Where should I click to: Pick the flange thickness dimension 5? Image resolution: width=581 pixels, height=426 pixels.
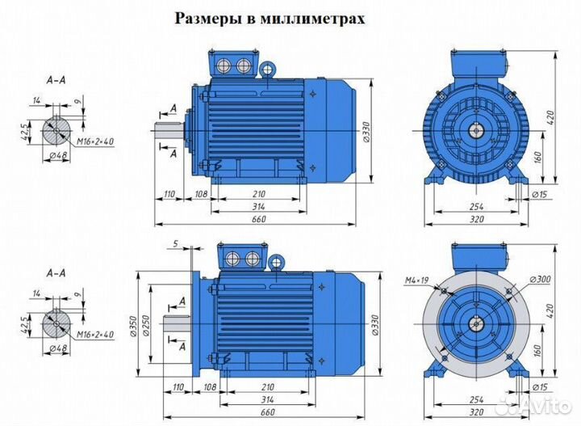coord(175,243)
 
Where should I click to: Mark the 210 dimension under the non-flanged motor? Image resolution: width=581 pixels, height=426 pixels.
coord(259,195)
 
